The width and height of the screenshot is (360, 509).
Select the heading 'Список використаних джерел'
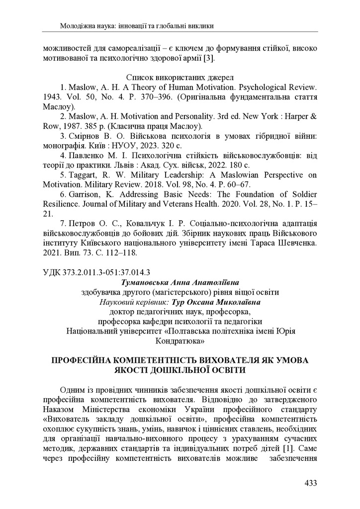pos(180,78)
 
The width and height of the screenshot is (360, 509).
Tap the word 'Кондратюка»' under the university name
pos(180,341)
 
